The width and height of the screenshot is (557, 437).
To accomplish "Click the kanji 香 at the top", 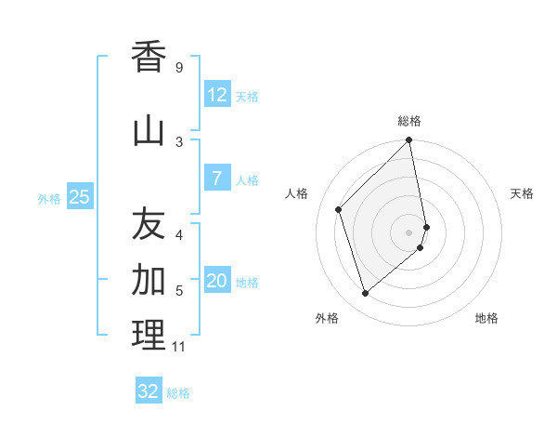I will [x=149, y=58].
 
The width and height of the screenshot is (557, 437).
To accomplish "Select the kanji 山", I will [x=149, y=131].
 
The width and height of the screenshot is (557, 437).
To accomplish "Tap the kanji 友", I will [x=149, y=224].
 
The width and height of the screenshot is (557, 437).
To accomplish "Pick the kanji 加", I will [x=149, y=279].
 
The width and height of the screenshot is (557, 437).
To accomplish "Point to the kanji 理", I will [x=149, y=335].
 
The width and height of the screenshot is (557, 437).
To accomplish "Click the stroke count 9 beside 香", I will [x=178, y=68].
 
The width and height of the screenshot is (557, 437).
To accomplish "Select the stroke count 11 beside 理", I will [x=179, y=347].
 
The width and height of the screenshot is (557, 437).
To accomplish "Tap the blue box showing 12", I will [x=216, y=95].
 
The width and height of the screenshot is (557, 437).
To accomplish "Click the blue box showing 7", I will [x=216, y=179].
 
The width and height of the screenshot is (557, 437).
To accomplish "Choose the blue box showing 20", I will [x=216, y=282].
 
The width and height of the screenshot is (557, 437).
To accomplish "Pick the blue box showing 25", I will [x=79, y=197].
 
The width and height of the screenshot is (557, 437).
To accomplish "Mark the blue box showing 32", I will [x=149, y=391].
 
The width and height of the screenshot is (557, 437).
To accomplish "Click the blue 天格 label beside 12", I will [x=247, y=96].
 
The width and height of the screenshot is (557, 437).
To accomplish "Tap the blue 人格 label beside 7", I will [x=247, y=179].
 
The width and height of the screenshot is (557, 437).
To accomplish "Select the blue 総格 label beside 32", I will [x=178, y=392].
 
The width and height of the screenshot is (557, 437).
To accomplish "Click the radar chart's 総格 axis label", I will [x=409, y=121].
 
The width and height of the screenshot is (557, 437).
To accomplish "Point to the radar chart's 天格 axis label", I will [x=523, y=193].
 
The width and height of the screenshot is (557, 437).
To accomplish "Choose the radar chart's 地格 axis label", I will [x=486, y=318].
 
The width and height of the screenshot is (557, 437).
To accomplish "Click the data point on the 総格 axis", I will [x=409, y=140].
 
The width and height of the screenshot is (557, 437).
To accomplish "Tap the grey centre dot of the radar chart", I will [x=409, y=232].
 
